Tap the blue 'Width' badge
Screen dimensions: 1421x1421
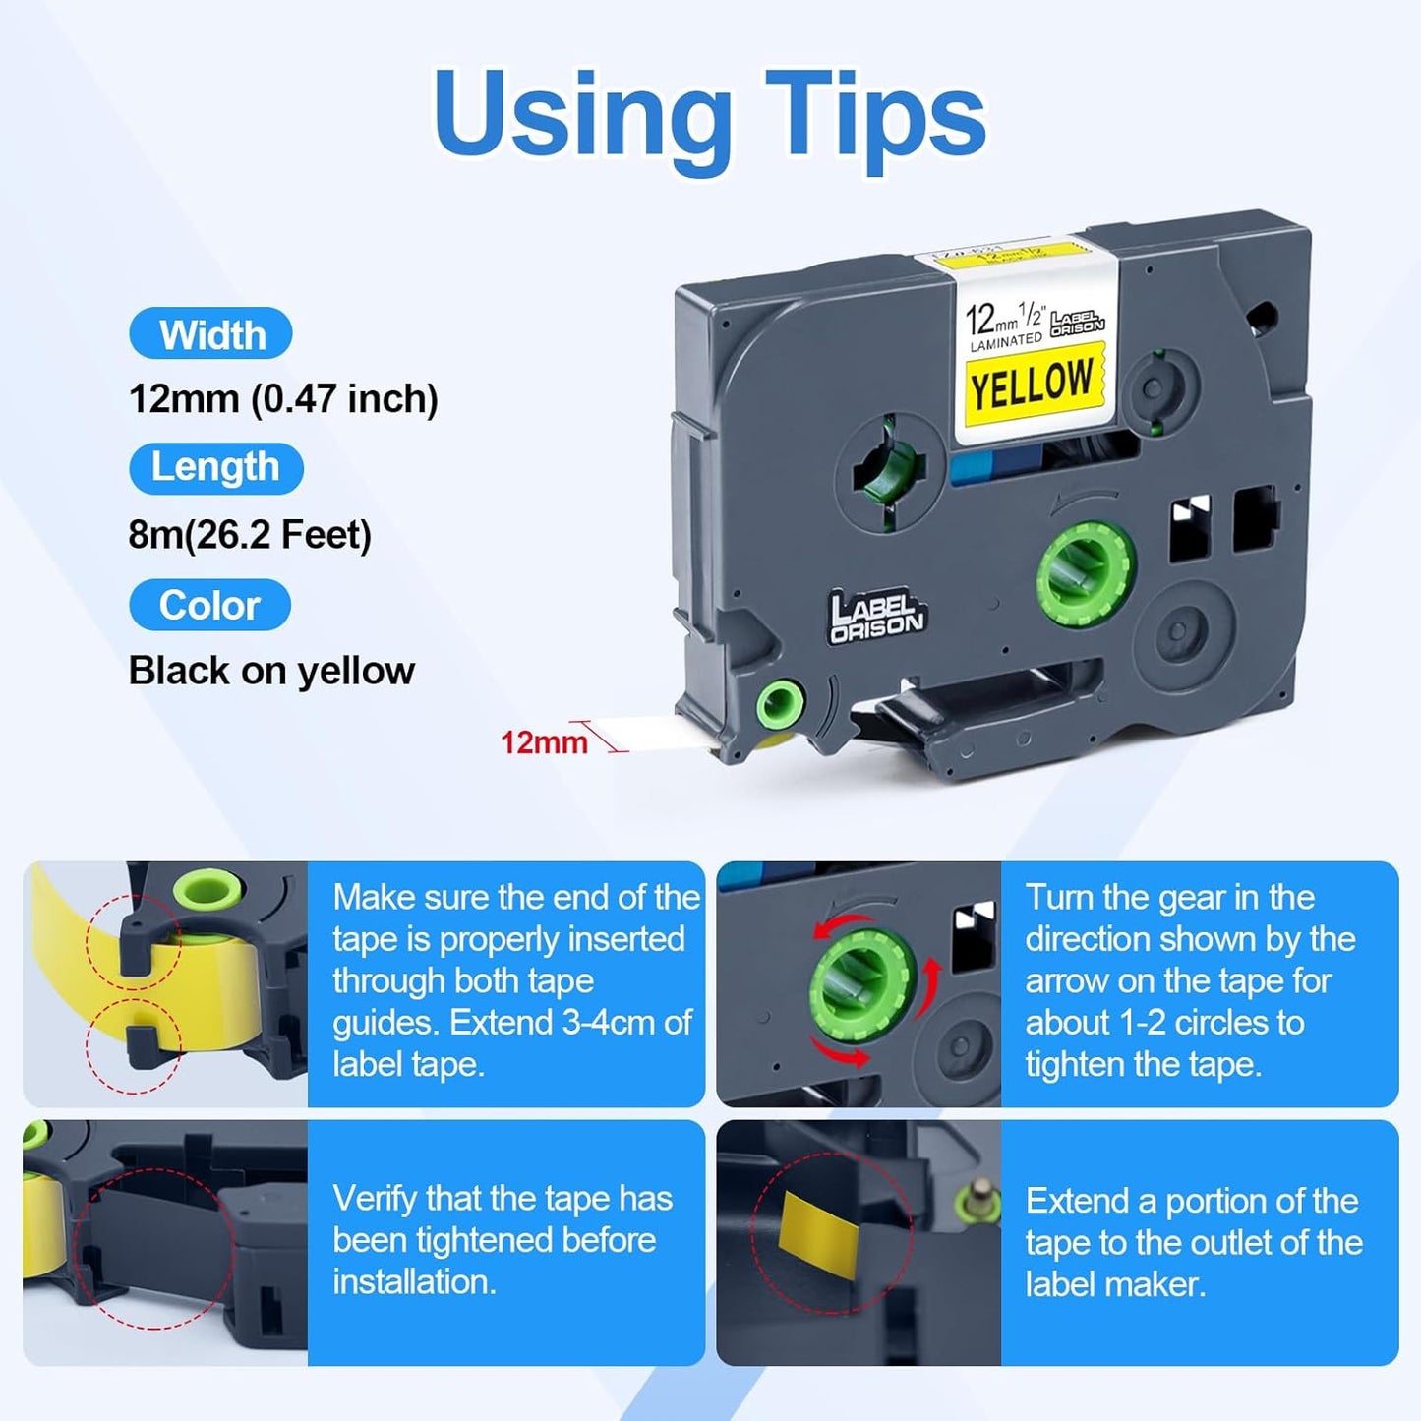coord(210,334)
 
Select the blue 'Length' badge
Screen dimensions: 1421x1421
coord(215,467)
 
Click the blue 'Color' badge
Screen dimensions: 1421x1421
coord(209,605)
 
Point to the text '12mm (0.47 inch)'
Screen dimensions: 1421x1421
coord(283,399)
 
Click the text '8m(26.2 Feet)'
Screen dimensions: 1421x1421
coord(250,535)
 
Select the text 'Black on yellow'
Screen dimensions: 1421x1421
coord(271,671)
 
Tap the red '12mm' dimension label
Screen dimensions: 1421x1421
coord(543,741)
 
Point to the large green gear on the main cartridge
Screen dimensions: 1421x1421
coord(1087,570)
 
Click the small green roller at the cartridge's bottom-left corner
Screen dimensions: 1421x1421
coord(780,703)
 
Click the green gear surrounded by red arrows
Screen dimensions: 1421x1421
coord(861,983)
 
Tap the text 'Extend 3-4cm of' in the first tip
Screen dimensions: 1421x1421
coord(570,1023)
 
